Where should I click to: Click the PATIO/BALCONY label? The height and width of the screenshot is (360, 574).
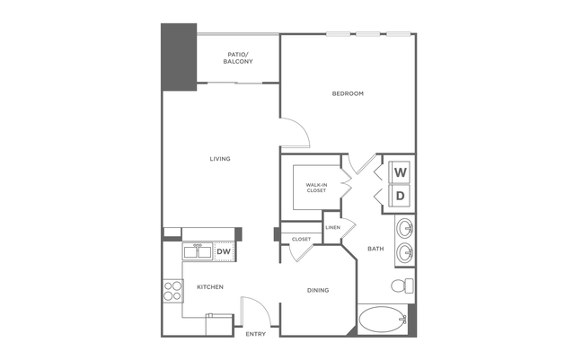[239, 57]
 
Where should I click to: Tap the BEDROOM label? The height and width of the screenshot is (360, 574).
[348, 93]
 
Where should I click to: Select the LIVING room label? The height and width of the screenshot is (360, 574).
[220, 159]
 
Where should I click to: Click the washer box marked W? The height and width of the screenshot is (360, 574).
[401, 171]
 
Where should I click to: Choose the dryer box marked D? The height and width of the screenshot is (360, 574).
[401, 195]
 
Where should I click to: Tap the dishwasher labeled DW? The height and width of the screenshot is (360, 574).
[224, 252]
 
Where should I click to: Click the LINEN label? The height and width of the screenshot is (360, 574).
[332, 228]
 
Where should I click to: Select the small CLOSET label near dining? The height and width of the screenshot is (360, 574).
[301, 239]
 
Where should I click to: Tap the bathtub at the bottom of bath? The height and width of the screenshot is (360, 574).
[382, 319]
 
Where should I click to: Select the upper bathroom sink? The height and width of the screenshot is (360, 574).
[405, 226]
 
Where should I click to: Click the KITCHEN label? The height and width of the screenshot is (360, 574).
[210, 287]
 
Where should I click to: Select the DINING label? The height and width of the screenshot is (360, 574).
[317, 290]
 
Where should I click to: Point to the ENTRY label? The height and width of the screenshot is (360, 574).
[256, 334]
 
